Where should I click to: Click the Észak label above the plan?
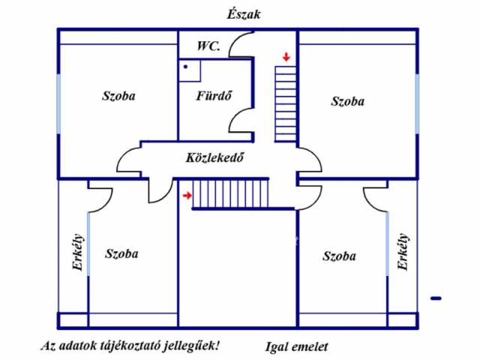[x=244, y=14]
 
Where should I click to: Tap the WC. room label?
[x=208, y=46]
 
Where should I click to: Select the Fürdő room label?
[x=214, y=96]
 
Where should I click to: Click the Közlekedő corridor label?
[x=215, y=157]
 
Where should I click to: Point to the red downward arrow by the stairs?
[x=286, y=57]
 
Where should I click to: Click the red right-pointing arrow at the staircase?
[x=187, y=195]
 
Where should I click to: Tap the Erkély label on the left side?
[x=78, y=252]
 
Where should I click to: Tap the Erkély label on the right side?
[x=403, y=252]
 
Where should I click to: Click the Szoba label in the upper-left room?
[x=118, y=96]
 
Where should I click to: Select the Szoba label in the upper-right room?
[x=348, y=101]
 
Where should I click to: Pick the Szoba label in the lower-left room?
[x=121, y=253]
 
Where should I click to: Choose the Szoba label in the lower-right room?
[x=340, y=256]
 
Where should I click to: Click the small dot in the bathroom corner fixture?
[x=185, y=67]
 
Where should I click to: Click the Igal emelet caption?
[x=296, y=346]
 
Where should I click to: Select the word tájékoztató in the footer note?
[x=130, y=346]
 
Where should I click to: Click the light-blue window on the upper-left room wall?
[x=58, y=103]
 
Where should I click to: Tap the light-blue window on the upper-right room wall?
[x=417, y=103]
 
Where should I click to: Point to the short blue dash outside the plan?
[x=436, y=298]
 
